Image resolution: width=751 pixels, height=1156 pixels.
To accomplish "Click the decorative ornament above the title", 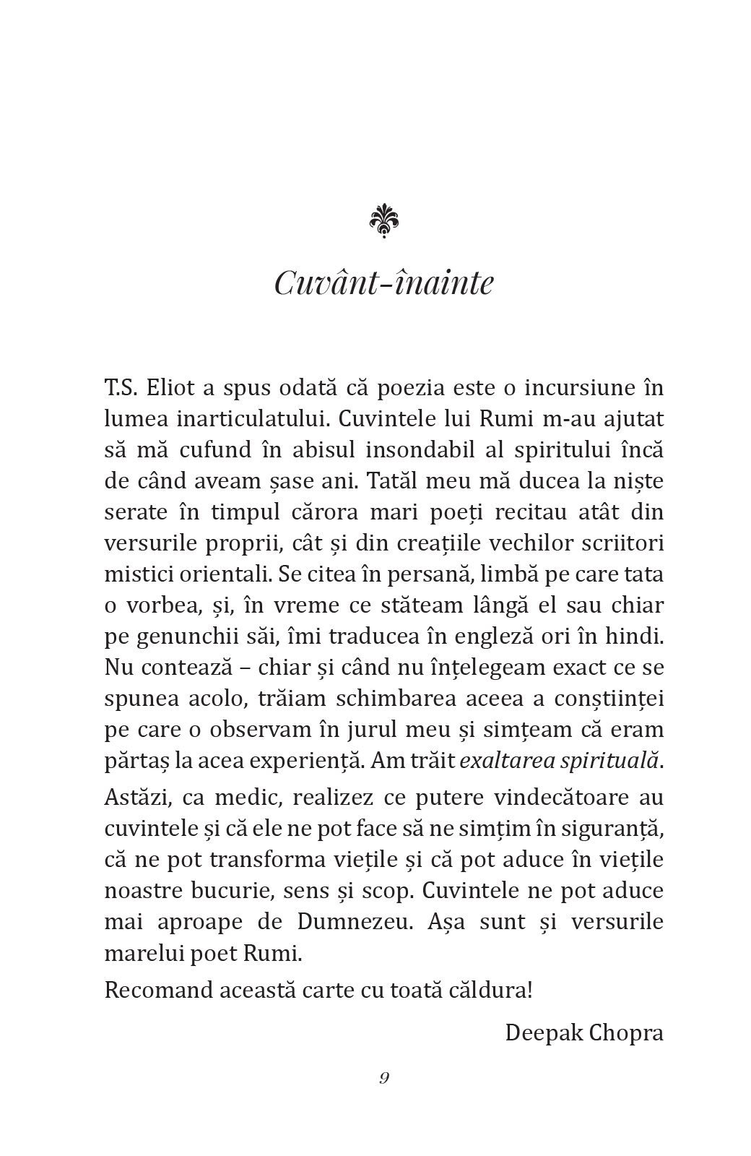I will tap(383, 220).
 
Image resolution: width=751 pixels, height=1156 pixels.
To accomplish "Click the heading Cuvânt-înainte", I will tap(383, 282).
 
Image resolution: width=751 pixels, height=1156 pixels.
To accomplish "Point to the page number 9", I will tap(383, 1079).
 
